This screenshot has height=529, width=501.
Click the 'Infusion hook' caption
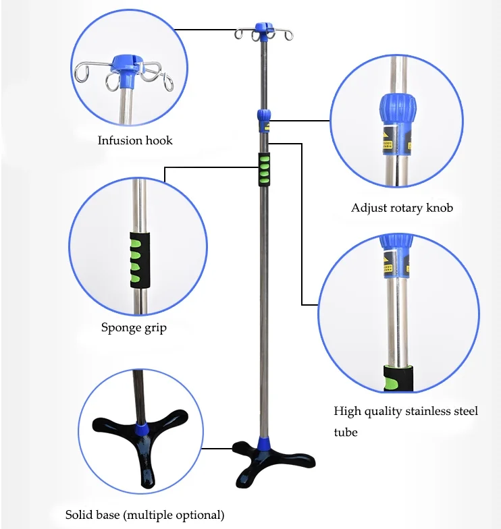135,140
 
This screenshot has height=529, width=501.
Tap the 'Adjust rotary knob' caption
402,208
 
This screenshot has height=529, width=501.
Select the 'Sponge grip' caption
134,328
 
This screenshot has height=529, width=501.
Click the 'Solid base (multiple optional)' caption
144,515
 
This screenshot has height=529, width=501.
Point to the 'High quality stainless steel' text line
406,411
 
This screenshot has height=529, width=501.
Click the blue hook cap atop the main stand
261,30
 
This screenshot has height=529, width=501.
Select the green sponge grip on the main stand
263,169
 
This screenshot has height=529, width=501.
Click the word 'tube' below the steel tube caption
346,432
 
